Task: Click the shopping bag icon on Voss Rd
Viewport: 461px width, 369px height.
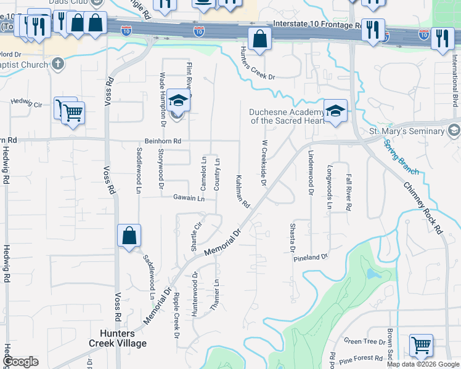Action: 129,236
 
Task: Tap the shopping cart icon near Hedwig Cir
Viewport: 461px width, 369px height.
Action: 73,113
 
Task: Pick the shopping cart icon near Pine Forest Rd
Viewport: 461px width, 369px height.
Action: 421,345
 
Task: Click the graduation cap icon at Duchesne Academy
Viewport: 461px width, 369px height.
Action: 335,111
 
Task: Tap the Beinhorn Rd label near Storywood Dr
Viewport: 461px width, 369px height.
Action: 163,141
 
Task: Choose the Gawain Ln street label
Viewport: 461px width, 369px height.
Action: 192,198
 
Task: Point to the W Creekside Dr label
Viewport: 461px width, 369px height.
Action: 264,162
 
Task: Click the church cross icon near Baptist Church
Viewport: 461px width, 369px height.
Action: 57,63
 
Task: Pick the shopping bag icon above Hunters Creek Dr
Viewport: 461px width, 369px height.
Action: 260,39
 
